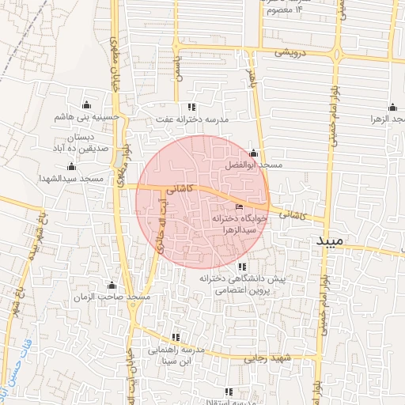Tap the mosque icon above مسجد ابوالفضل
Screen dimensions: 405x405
253,153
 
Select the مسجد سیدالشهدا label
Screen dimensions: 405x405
71,179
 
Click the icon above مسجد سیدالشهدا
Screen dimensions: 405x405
72,166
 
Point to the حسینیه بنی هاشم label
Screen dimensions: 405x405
86,117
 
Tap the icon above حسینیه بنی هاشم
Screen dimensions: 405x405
86,104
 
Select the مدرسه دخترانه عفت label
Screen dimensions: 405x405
191,119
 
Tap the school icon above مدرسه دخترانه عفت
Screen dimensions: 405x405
191,107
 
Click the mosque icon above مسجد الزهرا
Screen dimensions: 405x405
392,108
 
